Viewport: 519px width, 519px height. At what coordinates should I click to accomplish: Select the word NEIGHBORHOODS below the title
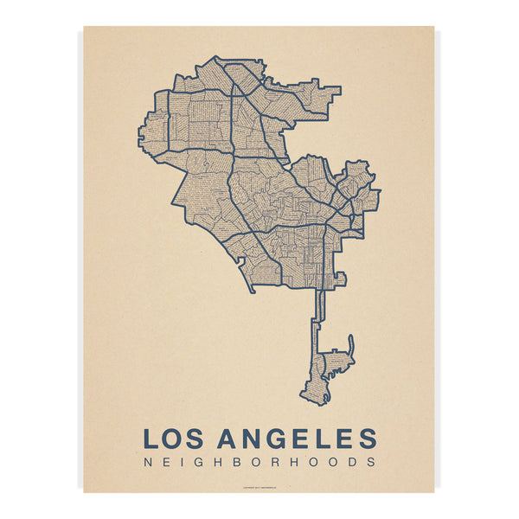click(259, 462)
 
